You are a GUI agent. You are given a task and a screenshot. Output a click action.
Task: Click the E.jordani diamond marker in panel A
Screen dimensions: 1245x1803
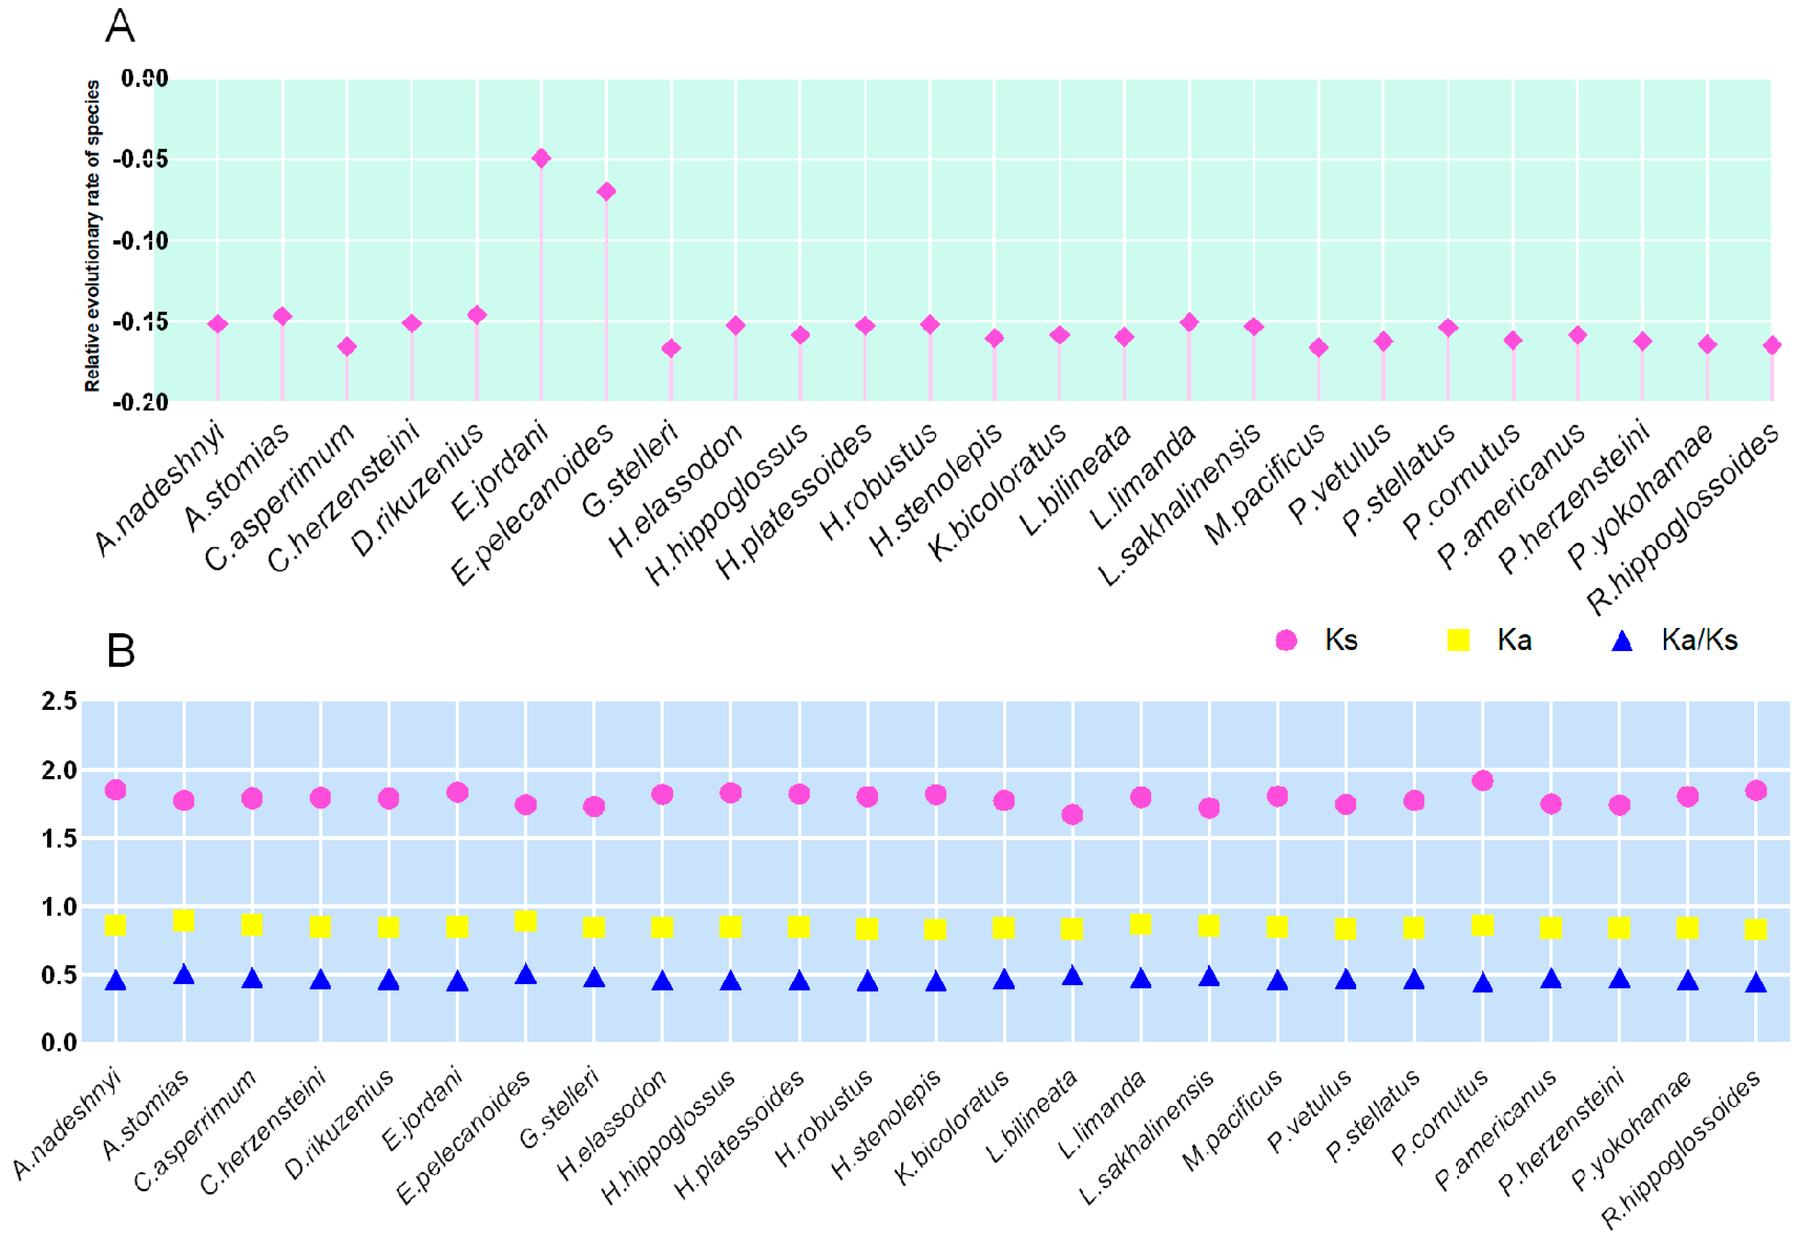pyautogui.click(x=540, y=159)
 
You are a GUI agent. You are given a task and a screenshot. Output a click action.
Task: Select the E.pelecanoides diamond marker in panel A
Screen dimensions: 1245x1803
pyautogui.click(x=606, y=191)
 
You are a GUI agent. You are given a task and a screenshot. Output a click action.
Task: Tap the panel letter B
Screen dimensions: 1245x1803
pyautogui.click(x=120, y=650)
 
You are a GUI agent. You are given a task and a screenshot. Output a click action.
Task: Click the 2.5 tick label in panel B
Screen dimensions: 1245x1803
pyautogui.click(x=59, y=700)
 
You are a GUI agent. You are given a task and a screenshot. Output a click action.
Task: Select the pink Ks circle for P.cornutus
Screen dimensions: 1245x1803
pyautogui.click(x=1482, y=781)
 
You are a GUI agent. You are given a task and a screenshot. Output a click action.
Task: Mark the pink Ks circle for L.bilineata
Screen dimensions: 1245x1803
pyautogui.click(x=1072, y=814)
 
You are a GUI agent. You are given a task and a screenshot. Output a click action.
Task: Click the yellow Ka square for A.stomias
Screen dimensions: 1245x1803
pyautogui.click(x=183, y=920)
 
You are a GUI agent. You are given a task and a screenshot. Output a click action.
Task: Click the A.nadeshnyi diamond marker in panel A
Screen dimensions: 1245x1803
pyautogui.click(x=217, y=324)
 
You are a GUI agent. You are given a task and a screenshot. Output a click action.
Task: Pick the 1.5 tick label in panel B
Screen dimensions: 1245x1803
pyautogui.click(x=59, y=839)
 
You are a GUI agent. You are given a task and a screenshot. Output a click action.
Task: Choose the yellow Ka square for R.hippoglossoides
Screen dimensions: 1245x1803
pyautogui.click(x=1755, y=929)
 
